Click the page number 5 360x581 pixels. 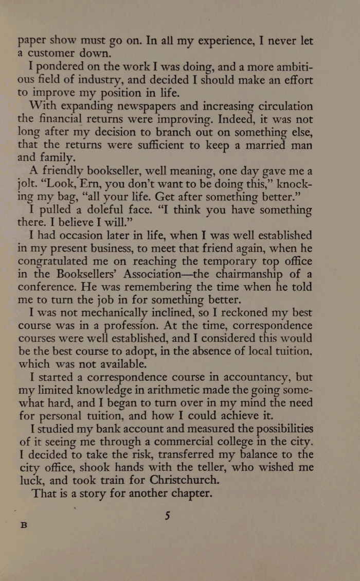point(167,516)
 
